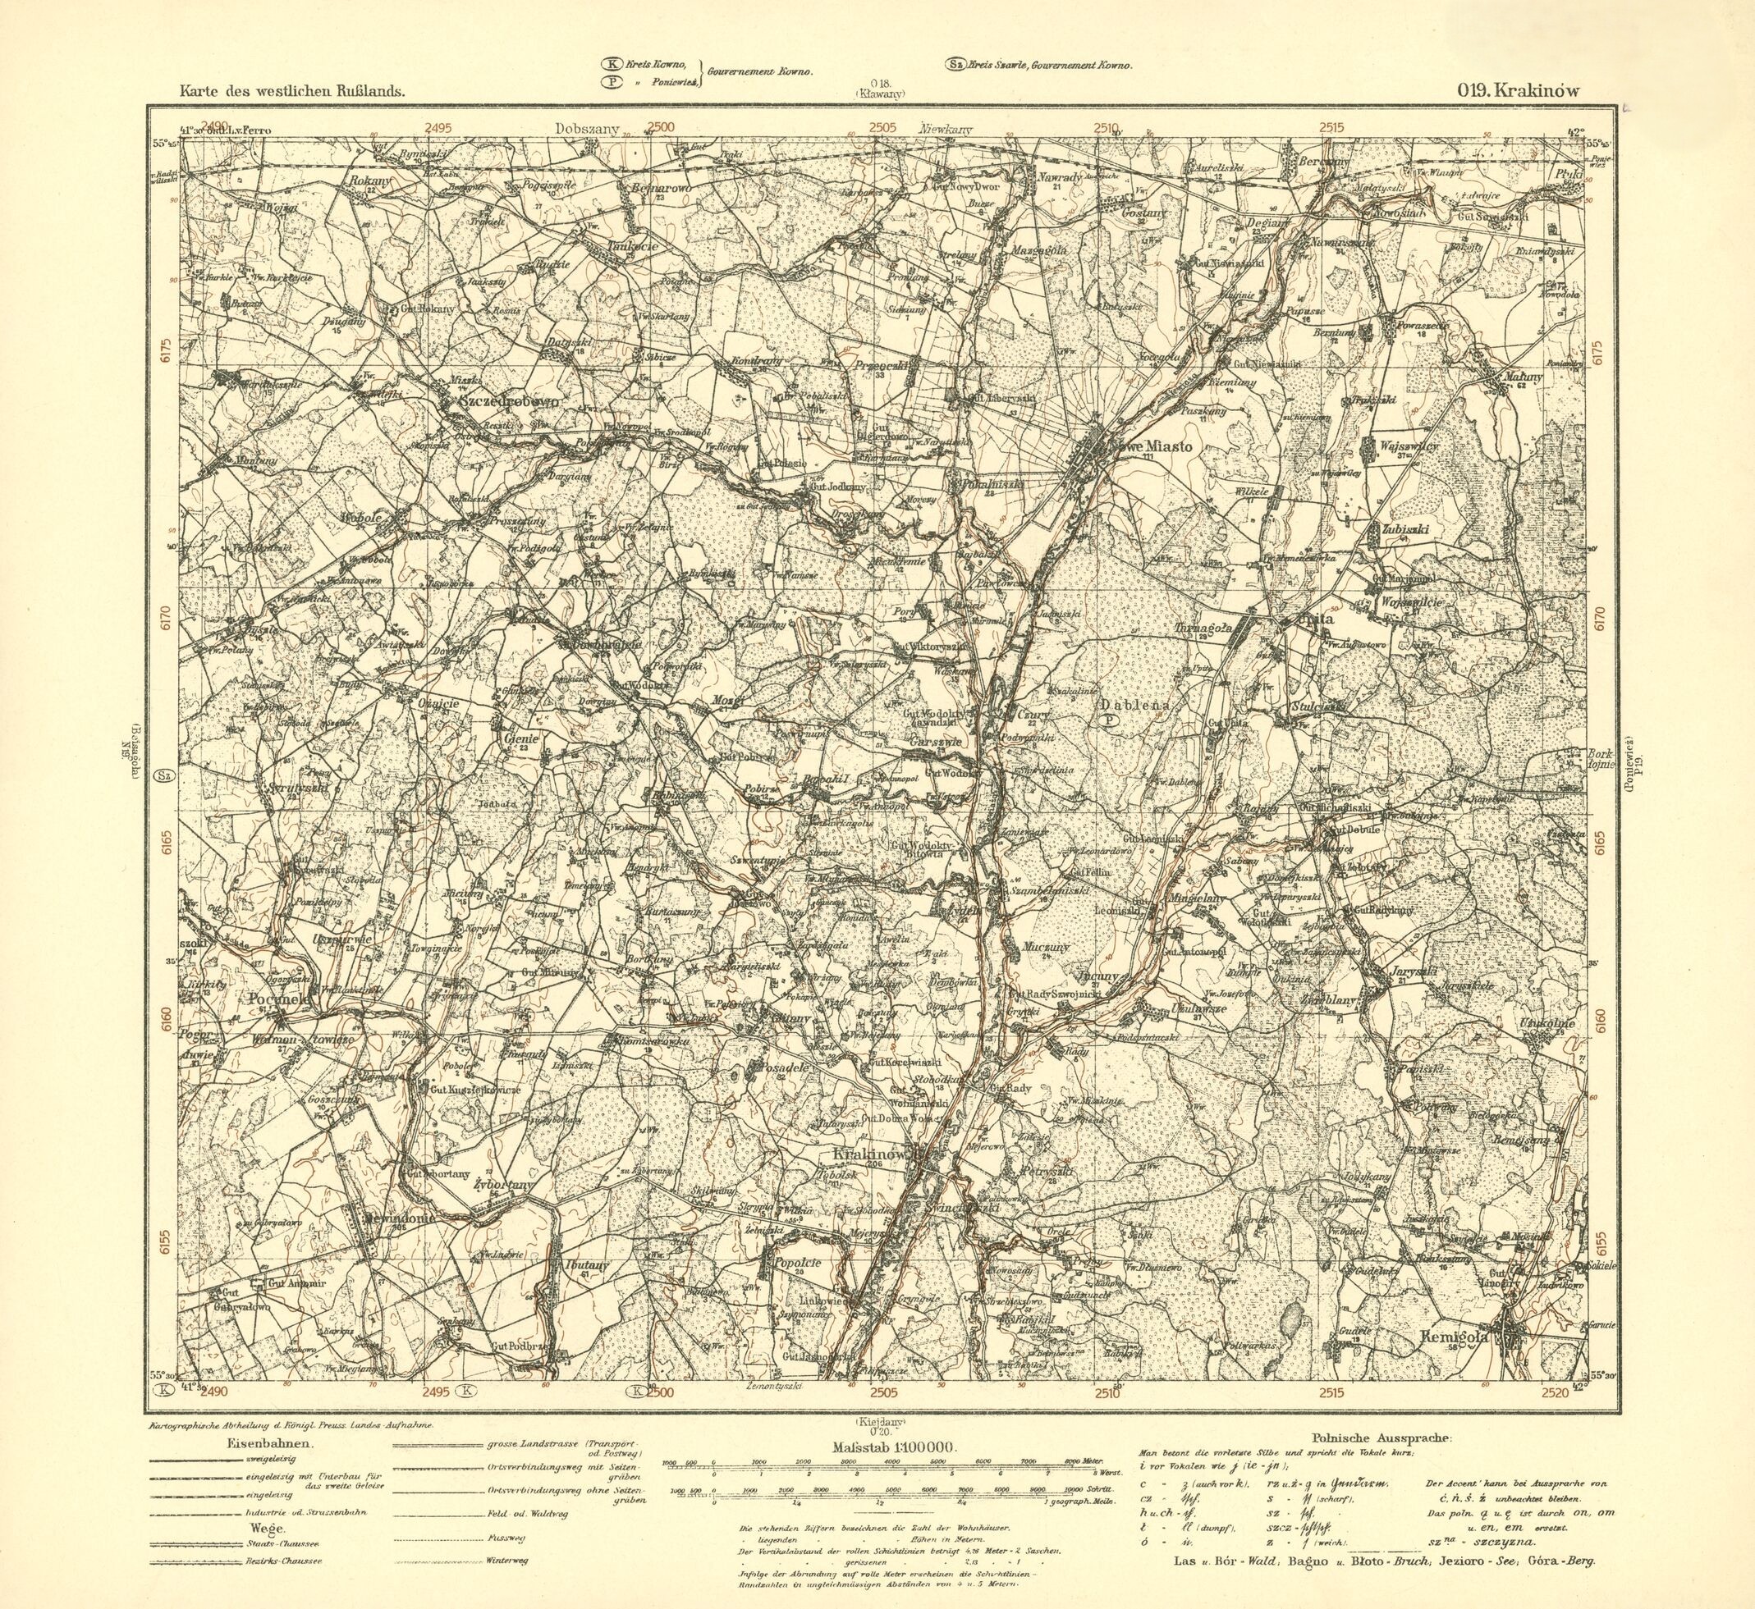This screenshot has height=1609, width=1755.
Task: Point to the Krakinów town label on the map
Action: [x=870, y=1154]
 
